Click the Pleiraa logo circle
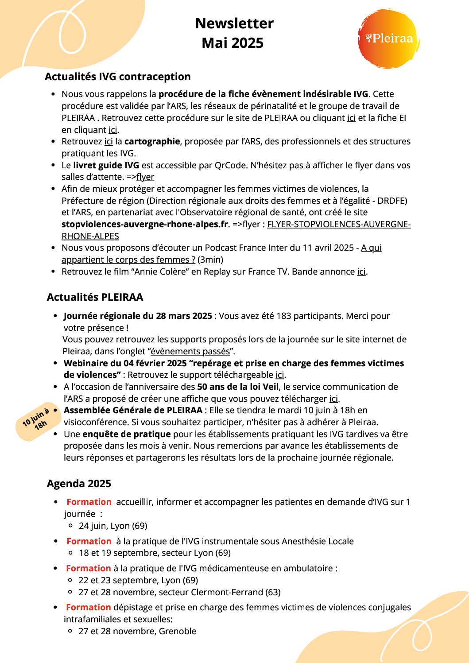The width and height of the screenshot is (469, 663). tap(388, 39)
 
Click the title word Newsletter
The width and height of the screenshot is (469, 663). tap(234, 23)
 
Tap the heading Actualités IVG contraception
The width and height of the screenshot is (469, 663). tap(117, 77)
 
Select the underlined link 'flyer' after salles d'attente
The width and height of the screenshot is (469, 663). tap(145, 177)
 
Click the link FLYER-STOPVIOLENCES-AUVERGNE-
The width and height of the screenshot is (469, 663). tap(339, 224)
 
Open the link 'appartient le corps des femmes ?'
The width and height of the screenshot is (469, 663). tap(128, 260)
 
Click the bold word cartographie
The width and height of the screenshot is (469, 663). tap(152, 141)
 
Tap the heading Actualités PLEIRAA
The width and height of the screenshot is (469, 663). tap(95, 297)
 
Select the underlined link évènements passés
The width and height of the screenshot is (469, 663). tap(190, 352)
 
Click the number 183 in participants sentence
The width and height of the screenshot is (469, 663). tap(284, 316)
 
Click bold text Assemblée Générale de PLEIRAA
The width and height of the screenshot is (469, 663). tap(133, 410)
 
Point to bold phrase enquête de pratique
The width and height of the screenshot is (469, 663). tap(127, 434)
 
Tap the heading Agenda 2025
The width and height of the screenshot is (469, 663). tap(79, 484)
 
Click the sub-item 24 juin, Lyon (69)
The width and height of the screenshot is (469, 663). tap(113, 526)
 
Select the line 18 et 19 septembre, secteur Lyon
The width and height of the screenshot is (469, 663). tap(155, 553)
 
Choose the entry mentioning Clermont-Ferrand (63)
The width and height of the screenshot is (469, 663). tap(179, 592)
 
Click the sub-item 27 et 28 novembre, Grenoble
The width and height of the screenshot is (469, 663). tap(137, 631)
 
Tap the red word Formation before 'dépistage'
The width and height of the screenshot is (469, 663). tap(89, 607)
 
